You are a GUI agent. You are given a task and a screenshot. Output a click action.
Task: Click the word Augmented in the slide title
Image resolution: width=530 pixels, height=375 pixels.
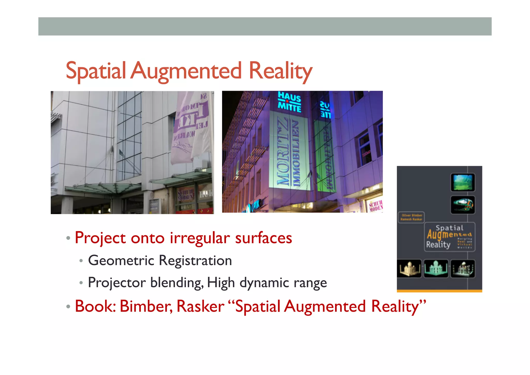(186, 71)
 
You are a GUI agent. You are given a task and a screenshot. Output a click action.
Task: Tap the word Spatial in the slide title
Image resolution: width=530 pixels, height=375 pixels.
(96, 71)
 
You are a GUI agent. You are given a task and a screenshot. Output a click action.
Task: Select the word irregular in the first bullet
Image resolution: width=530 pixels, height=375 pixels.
(200, 238)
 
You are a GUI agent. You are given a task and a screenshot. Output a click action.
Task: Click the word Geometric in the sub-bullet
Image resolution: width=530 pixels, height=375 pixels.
(121, 260)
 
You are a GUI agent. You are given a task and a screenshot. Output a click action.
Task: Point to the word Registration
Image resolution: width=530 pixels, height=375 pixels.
(195, 260)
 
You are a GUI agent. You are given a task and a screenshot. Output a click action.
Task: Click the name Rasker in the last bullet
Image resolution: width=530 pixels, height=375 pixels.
(200, 306)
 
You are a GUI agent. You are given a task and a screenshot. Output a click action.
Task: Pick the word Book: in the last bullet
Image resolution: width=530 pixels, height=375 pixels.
(95, 306)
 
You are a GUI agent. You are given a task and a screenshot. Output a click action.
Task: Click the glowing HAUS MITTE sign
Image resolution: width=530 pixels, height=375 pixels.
(289, 102)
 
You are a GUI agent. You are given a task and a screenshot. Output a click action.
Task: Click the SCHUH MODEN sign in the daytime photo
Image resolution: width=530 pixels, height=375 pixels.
(185, 195)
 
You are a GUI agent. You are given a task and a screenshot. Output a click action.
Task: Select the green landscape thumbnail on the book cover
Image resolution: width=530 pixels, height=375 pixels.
(463, 182)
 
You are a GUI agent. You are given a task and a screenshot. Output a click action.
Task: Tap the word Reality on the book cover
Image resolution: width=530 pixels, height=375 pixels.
(438, 245)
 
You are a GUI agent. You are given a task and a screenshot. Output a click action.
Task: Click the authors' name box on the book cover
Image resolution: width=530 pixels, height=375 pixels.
(411, 217)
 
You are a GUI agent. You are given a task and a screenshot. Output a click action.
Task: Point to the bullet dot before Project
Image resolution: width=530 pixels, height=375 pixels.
(68, 238)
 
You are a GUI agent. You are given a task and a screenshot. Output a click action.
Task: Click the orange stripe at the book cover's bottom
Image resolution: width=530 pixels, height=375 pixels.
(439, 291)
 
